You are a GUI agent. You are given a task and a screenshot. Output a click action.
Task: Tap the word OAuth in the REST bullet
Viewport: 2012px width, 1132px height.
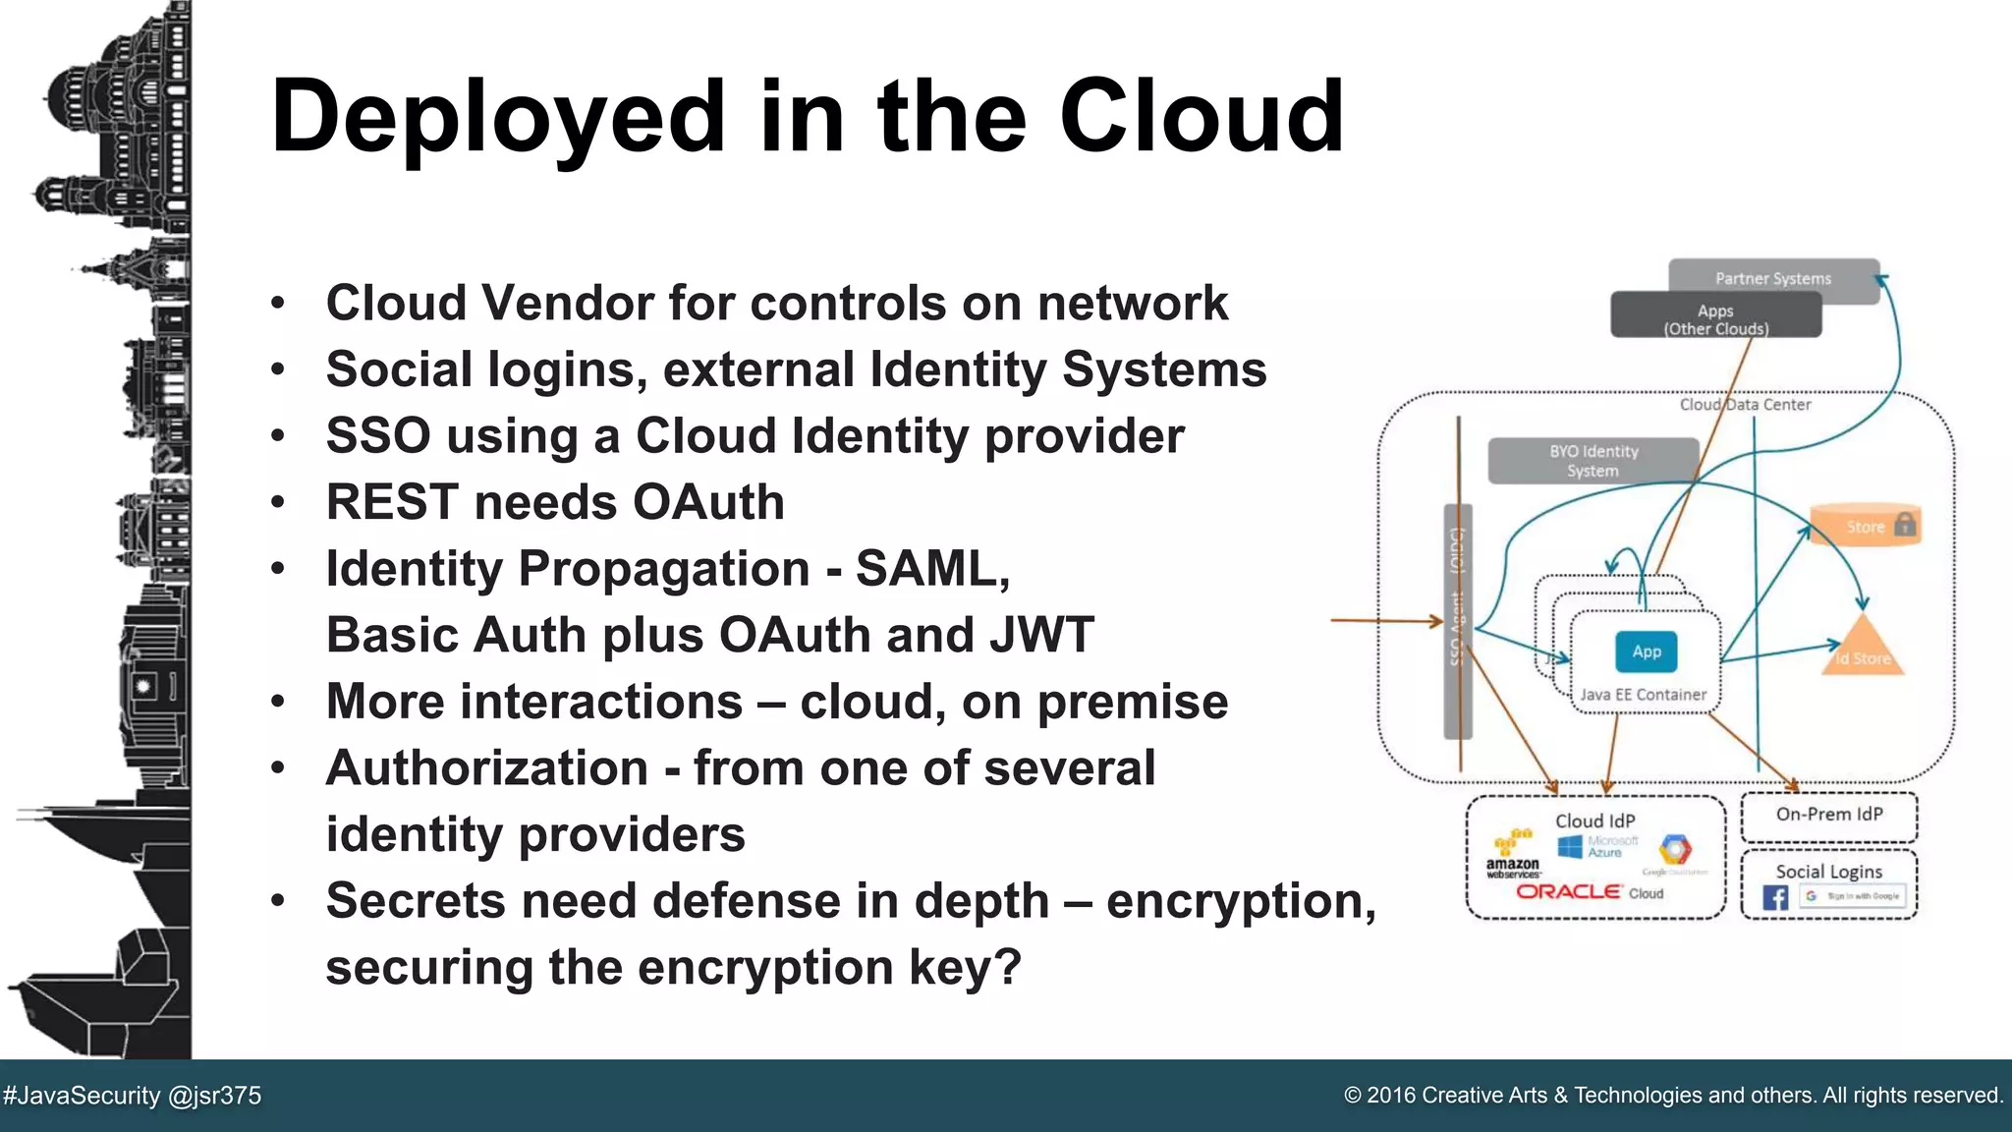click(707, 502)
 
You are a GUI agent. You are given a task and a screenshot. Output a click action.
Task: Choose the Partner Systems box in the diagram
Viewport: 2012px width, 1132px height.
click(1772, 278)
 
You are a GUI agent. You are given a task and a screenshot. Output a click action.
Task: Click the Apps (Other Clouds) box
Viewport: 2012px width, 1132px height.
click(1715, 317)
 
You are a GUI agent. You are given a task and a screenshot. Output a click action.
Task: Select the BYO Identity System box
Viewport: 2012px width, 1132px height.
click(1593, 461)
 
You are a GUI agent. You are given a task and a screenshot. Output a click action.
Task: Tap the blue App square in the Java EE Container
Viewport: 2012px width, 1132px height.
click(1647, 651)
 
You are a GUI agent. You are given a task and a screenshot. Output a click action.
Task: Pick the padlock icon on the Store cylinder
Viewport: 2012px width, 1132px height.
click(1904, 524)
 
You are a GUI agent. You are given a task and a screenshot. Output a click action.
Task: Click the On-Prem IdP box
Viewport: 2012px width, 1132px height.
click(1828, 816)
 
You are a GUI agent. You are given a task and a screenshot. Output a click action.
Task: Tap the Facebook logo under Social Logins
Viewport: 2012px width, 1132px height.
click(1774, 897)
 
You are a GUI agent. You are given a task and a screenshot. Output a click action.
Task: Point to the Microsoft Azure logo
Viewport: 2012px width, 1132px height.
click(1598, 846)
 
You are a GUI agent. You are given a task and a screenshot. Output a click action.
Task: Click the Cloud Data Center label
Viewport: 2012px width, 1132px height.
click(1744, 405)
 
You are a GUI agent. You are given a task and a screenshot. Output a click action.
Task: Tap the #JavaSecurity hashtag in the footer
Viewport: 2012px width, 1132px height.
click(82, 1096)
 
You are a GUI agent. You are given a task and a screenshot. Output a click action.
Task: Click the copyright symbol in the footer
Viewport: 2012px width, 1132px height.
click(1353, 1096)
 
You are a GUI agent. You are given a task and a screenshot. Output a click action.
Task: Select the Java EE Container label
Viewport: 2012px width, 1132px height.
click(1643, 695)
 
